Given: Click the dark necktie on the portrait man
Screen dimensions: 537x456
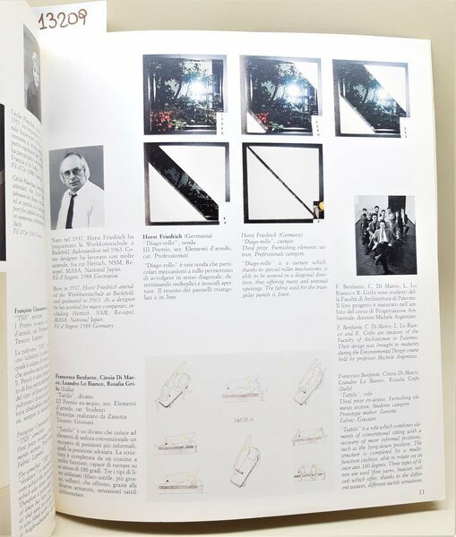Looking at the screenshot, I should point(71,209).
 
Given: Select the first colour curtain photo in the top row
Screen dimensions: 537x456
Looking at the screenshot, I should point(184,94).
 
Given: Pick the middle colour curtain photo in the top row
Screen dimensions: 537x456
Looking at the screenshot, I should point(280,95).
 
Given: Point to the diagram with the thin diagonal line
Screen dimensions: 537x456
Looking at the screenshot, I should point(282,183).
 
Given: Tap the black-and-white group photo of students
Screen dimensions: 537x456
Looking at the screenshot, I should point(384,234).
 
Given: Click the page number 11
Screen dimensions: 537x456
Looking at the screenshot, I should point(420,490).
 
